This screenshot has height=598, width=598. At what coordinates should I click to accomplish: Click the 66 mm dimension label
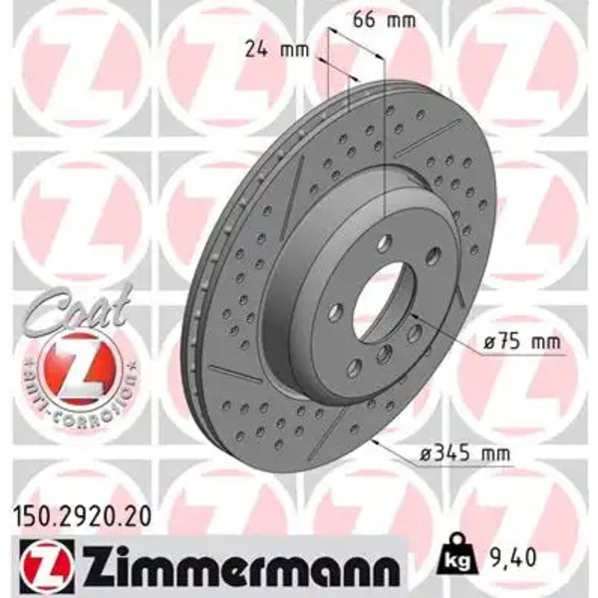(384, 20)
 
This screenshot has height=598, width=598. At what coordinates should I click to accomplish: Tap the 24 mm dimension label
(276, 49)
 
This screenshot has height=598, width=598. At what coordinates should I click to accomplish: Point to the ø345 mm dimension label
(464, 453)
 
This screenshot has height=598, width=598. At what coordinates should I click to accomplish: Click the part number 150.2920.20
(82, 518)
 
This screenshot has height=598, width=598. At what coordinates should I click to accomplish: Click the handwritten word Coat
(78, 309)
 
